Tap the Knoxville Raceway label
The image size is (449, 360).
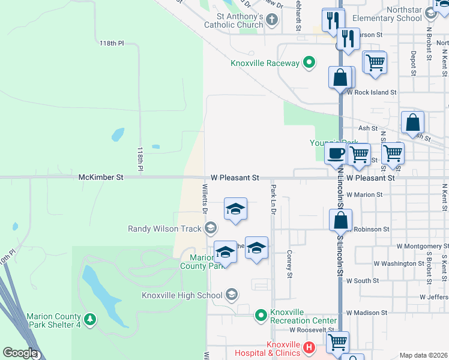point(265,63)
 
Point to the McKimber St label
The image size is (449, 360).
point(100,178)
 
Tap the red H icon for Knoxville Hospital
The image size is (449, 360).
point(309,347)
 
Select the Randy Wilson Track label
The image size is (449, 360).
point(165,228)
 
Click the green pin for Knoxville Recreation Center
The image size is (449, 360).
point(261,314)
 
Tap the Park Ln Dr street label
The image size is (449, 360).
point(273,200)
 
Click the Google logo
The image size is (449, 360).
point(20,353)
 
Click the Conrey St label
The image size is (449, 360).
point(289,264)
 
